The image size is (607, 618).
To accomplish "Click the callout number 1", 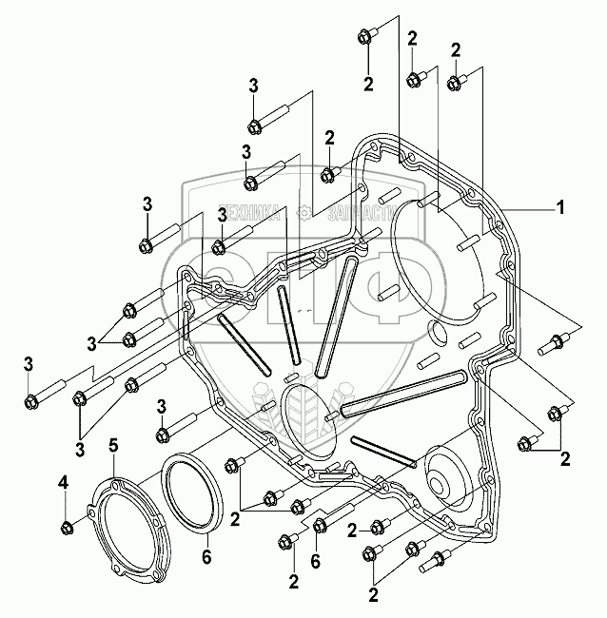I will [561, 207].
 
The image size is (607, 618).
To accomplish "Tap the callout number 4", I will [65, 484].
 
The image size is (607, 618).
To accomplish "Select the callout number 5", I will [113, 444].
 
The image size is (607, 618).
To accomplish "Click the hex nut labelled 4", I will [66, 527].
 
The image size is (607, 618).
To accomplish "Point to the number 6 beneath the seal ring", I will [206, 556].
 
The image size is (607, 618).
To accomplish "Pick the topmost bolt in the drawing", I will [367, 36].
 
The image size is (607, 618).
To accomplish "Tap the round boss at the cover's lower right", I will [446, 473].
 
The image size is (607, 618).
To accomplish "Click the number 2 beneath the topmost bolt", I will [368, 82].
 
